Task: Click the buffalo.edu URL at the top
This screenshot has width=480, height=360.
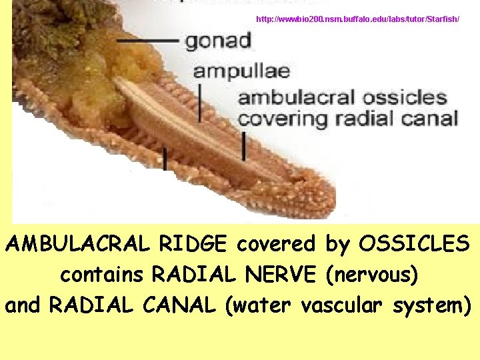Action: (x=357, y=19)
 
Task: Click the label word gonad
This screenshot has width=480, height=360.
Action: (x=218, y=41)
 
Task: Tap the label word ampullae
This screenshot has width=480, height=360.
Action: (x=241, y=71)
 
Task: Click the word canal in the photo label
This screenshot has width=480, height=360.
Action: (x=429, y=121)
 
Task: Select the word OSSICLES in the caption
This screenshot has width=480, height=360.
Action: (x=414, y=244)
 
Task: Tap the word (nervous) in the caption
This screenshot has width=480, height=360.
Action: (x=372, y=275)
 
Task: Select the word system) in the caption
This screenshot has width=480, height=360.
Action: (x=431, y=305)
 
